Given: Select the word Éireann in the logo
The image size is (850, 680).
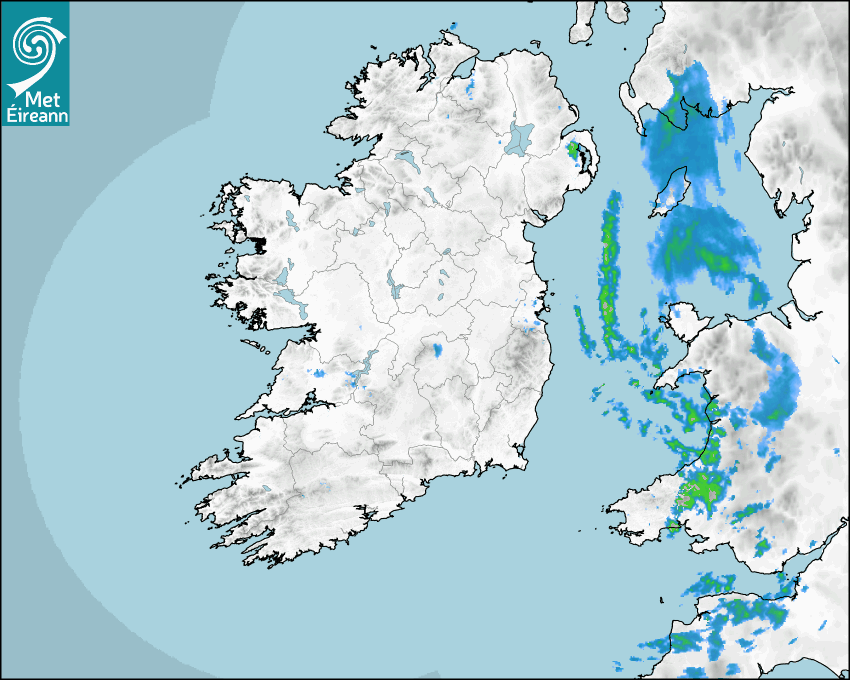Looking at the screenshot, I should tap(35, 114).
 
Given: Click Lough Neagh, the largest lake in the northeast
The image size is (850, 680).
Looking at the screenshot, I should tap(520, 137).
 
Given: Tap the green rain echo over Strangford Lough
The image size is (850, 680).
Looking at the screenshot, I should tap(574, 153).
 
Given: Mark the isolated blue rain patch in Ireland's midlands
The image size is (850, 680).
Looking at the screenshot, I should tap(437, 351).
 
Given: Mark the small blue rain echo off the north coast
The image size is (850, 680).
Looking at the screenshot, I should tap(453, 26).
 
